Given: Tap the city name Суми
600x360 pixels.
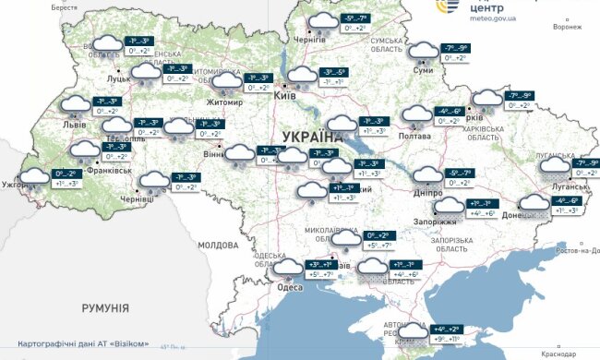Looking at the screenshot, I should pyautogui.click(x=424, y=70).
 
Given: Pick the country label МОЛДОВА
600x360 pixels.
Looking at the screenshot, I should pyautogui.click(x=218, y=246).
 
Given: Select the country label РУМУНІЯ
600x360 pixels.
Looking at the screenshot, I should pyautogui.click(x=103, y=307).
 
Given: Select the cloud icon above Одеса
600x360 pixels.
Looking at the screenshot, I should pyautogui.click(x=288, y=268).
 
